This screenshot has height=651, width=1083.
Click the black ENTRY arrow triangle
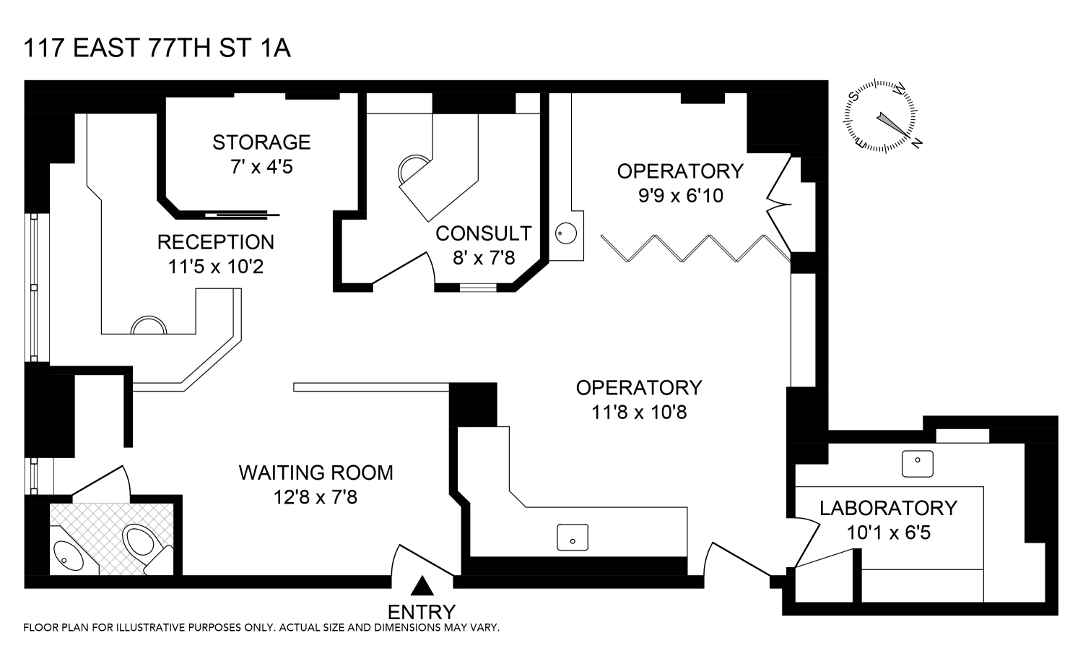pyautogui.click(x=422, y=586)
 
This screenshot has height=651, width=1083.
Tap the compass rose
pyautogui.click(x=882, y=116)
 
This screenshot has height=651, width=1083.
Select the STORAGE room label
pyautogui.click(x=261, y=142)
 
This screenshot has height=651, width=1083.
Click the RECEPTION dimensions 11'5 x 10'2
pyautogui.click(x=216, y=267)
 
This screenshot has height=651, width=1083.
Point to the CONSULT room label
pyautogui.click(x=484, y=234)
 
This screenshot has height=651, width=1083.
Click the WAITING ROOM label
pyautogui.click(x=316, y=473)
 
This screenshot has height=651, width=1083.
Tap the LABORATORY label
pyautogui.click(x=889, y=508)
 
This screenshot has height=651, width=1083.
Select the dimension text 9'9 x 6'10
pyautogui.click(x=680, y=196)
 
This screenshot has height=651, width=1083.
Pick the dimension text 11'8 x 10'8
pyautogui.click(x=639, y=413)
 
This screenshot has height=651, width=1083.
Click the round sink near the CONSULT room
pyautogui.click(x=565, y=233)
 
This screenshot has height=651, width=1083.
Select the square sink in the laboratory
pyautogui.click(x=917, y=464)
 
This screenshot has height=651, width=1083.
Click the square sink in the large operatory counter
pyautogui.click(x=573, y=538)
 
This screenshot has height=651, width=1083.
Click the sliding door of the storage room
pyautogui.click(x=242, y=215)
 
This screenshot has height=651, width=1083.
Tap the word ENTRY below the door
pyautogui.click(x=422, y=612)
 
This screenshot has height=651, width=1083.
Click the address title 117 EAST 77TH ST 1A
pyautogui.click(x=157, y=48)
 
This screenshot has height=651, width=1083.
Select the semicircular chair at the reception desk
pyautogui.click(x=149, y=325)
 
